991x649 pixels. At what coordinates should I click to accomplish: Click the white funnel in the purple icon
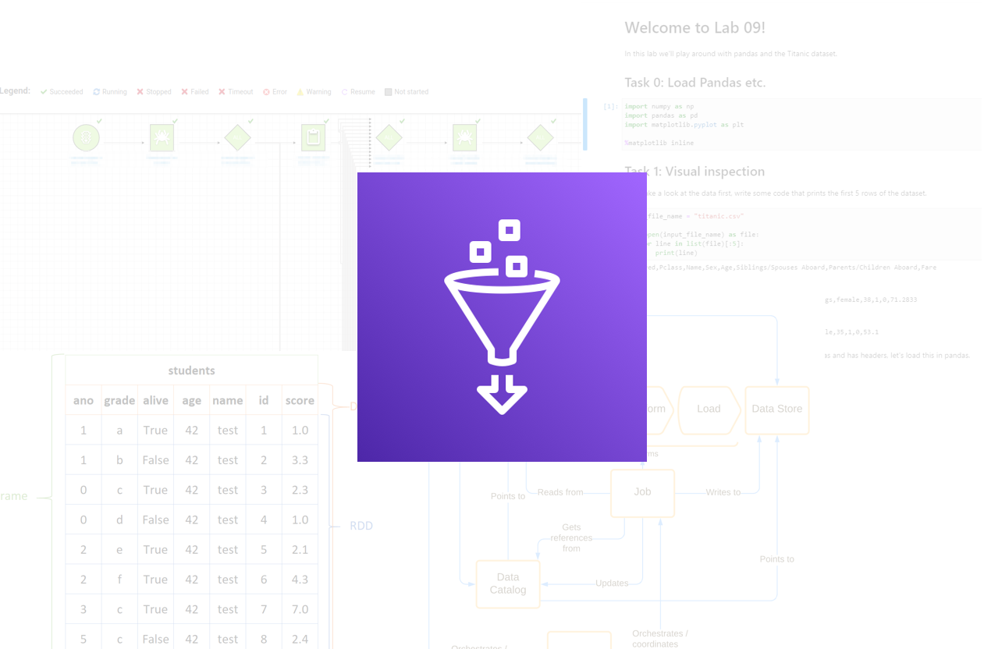point(502,312)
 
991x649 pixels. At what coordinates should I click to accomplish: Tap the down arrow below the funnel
point(502,394)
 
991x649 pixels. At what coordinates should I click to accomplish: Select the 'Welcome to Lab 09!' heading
point(694,28)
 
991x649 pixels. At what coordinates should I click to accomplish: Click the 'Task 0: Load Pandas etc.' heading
point(694,83)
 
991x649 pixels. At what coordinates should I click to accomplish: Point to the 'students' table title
point(191,371)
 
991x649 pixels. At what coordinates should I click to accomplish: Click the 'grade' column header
point(119,400)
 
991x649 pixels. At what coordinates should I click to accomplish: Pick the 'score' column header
point(300,400)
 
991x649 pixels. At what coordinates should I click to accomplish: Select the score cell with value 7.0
point(300,609)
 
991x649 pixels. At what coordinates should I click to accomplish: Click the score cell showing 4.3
point(300,580)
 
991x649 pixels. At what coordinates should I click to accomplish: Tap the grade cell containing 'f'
point(119,580)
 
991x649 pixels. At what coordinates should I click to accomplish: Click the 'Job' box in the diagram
point(642,492)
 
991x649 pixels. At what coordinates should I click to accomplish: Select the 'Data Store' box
point(776,409)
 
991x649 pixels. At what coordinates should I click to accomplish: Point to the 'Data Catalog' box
point(508,583)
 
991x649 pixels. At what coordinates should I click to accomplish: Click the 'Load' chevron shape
point(709,409)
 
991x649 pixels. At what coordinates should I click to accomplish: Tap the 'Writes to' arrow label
point(723,492)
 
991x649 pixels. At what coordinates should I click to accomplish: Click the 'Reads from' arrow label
point(560,492)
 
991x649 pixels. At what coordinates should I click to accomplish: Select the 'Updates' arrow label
point(612,583)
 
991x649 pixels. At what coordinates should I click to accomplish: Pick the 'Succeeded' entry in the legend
point(62,92)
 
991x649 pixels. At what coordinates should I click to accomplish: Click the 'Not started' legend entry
point(407,92)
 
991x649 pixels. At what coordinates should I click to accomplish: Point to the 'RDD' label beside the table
point(361,526)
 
